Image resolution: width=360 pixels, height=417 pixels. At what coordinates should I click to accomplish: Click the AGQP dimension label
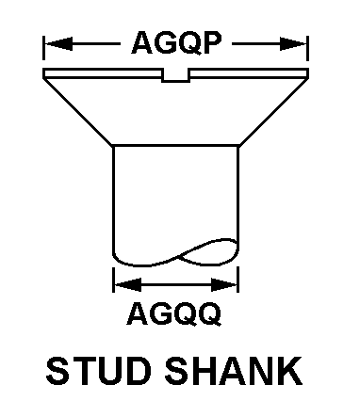click(177, 42)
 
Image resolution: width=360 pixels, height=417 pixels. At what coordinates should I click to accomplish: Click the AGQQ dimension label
click(174, 313)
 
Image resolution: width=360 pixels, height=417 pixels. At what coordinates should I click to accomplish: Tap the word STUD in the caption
click(96, 371)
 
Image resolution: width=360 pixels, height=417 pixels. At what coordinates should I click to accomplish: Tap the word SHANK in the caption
click(234, 371)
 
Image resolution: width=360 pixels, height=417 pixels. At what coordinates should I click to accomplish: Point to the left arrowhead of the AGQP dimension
click(58, 43)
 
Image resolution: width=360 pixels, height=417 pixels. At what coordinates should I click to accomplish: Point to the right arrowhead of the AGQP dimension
click(293, 43)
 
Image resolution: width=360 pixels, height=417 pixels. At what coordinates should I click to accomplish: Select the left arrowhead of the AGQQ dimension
click(128, 284)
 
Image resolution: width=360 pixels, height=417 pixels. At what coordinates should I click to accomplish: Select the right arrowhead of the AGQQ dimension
click(224, 284)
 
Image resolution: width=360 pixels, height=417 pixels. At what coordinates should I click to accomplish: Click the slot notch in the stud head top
click(175, 76)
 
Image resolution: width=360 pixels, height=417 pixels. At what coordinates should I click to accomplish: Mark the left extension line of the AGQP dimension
click(43, 47)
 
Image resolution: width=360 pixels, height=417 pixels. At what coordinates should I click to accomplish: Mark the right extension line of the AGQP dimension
click(308, 47)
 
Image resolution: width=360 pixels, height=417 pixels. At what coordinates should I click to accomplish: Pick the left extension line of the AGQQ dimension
click(113, 280)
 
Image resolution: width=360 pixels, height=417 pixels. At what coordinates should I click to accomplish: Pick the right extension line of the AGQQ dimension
click(238, 280)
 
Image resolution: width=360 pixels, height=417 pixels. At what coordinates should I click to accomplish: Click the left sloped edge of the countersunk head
click(78, 112)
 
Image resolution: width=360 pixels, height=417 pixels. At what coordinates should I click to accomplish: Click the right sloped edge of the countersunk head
click(273, 112)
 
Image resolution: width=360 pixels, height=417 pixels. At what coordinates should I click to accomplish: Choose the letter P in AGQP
click(212, 42)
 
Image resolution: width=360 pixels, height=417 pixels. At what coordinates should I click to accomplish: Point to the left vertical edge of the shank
click(113, 200)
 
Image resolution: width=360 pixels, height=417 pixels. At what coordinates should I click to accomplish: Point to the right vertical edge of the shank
click(238, 195)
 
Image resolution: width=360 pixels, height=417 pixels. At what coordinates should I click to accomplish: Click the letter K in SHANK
click(291, 371)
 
